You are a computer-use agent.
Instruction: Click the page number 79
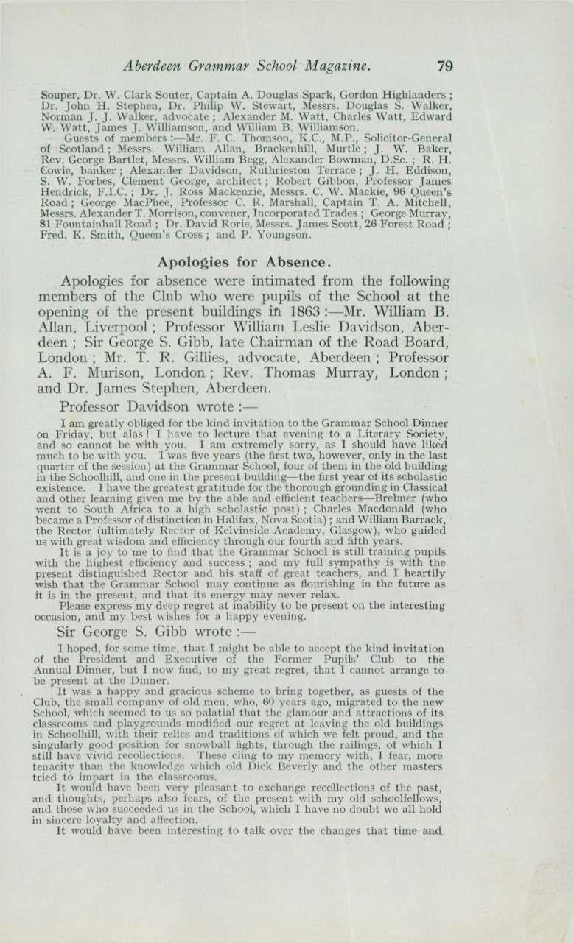point(444,66)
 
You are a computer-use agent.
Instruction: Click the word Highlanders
point(413,95)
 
